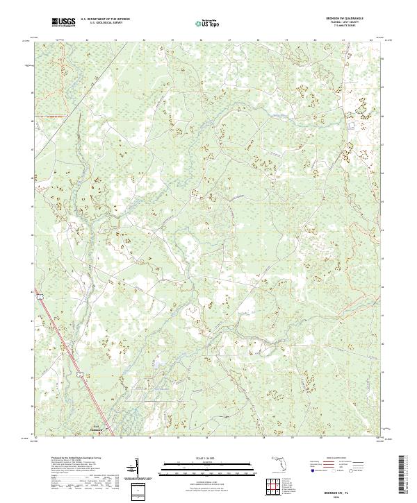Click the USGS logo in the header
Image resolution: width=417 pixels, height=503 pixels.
point(63,23)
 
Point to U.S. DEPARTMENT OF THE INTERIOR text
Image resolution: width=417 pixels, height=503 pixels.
point(104,20)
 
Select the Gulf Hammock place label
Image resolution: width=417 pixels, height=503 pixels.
point(97,428)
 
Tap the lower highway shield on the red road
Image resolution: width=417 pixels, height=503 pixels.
point(82,374)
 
